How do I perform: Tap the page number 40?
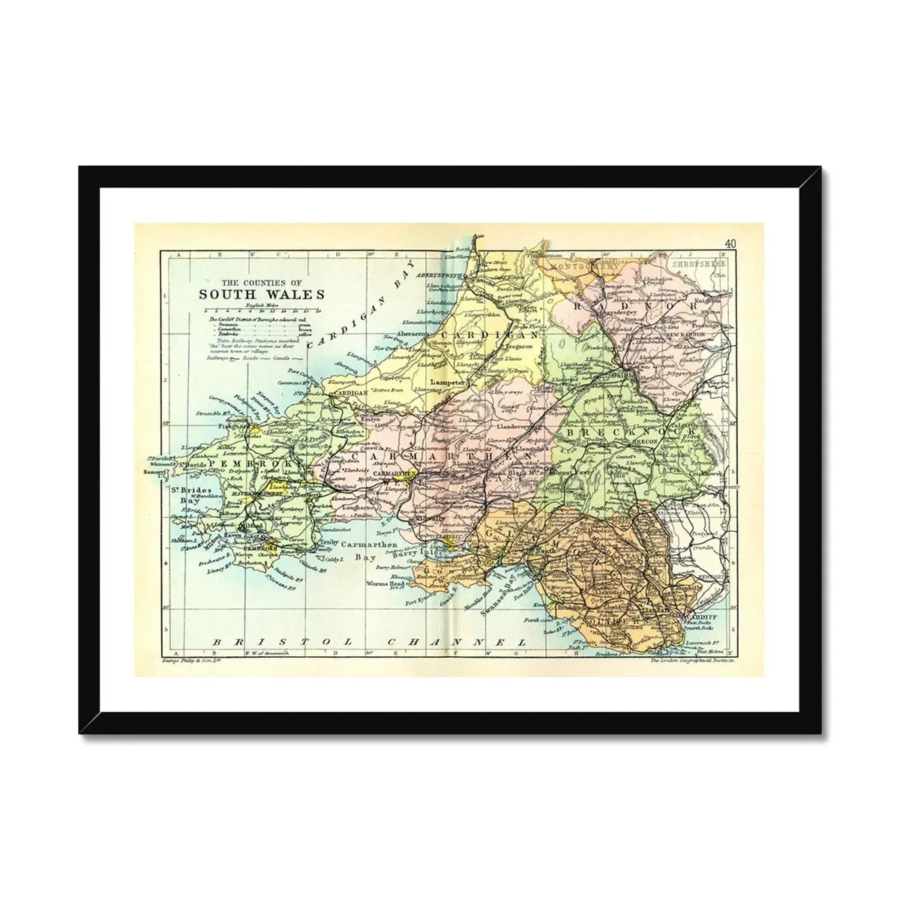click(x=730, y=243)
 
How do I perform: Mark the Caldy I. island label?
click(x=330, y=559)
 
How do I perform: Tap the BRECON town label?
click(x=662, y=442)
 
